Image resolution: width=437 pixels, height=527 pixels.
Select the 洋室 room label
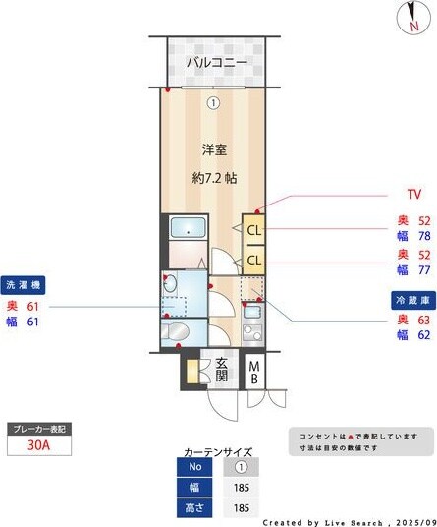point(214,149)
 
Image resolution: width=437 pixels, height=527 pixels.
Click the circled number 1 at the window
point(213,101)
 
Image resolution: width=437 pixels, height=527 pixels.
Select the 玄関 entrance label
point(222,371)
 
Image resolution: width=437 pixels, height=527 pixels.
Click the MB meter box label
point(253,371)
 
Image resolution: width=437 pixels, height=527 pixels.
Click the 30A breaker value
point(38,445)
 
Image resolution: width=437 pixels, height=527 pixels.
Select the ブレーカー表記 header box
point(38,430)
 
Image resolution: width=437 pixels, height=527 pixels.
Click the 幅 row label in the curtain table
point(194,488)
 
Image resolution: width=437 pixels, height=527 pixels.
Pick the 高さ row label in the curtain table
point(194,507)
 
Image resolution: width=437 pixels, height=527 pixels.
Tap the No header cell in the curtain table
point(194,467)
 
